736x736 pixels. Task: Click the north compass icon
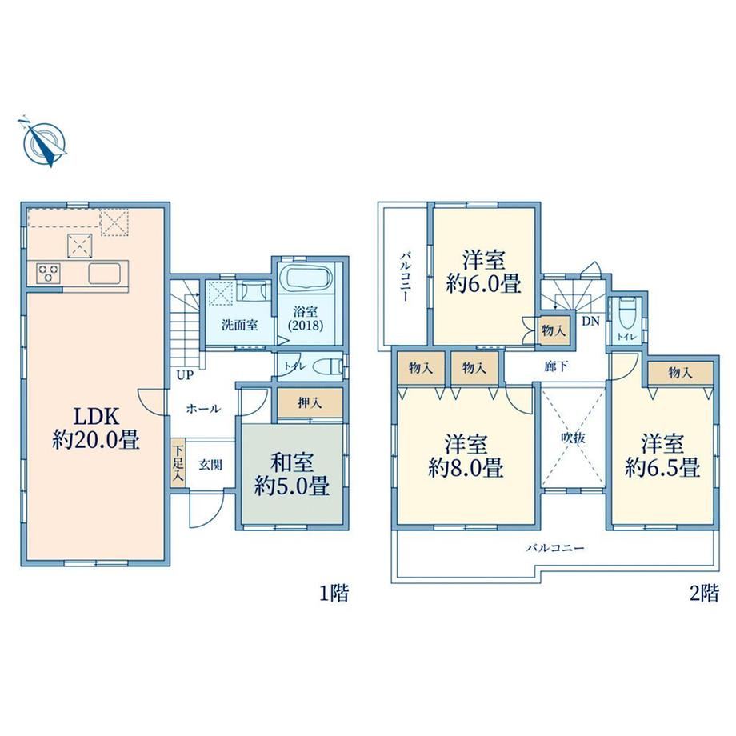44,141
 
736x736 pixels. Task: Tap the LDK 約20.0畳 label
96,428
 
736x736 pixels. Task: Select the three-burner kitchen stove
49,273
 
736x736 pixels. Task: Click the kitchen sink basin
104,273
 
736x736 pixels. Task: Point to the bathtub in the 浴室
306,279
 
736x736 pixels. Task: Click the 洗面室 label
239,325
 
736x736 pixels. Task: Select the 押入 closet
310,402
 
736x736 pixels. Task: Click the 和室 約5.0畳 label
291,474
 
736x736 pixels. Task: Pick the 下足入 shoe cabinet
178,462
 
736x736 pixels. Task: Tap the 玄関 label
210,465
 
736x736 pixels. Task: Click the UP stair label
185,375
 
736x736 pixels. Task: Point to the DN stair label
591,322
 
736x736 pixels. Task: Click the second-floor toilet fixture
626,314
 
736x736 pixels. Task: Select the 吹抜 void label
573,438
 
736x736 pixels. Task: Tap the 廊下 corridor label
556,366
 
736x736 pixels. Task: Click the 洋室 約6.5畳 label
662,456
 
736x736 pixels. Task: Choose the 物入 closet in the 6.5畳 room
681,374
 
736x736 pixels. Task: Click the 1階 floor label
334,594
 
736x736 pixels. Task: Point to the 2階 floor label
704,594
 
